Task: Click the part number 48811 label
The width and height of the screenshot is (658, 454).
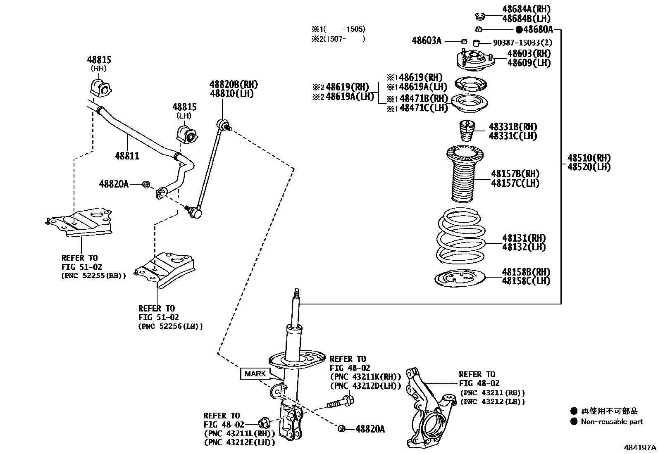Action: click(127, 156)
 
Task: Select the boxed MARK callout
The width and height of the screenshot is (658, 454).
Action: click(255, 374)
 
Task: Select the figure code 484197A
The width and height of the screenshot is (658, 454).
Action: click(640, 447)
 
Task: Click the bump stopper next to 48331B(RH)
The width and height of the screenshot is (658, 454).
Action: click(466, 131)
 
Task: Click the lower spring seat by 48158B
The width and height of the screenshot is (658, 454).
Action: click(459, 278)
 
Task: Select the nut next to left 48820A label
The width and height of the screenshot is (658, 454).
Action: click(145, 184)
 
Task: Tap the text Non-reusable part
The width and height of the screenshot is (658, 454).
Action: click(612, 422)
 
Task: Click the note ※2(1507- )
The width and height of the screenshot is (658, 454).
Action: click(339, 39)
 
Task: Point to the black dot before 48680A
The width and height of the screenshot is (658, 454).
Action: click(519, 29)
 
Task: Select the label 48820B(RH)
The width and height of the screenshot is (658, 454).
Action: click(234, 85)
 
